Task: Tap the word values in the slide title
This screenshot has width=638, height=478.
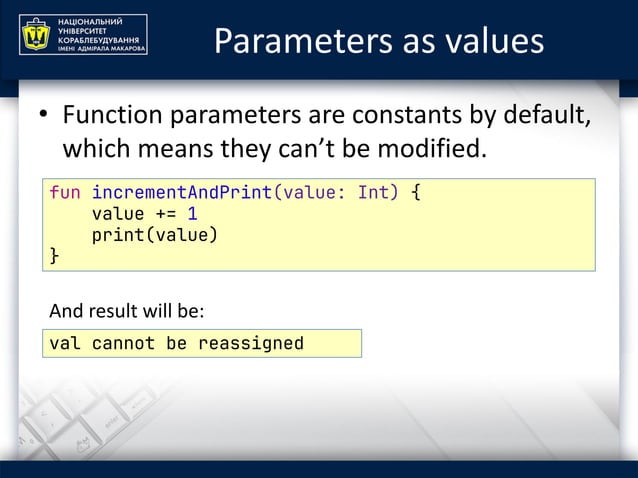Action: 495,41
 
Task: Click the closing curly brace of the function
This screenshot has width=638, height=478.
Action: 55,257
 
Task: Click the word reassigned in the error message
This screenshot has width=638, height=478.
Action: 250,344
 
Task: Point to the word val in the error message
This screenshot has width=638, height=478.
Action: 65,344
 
